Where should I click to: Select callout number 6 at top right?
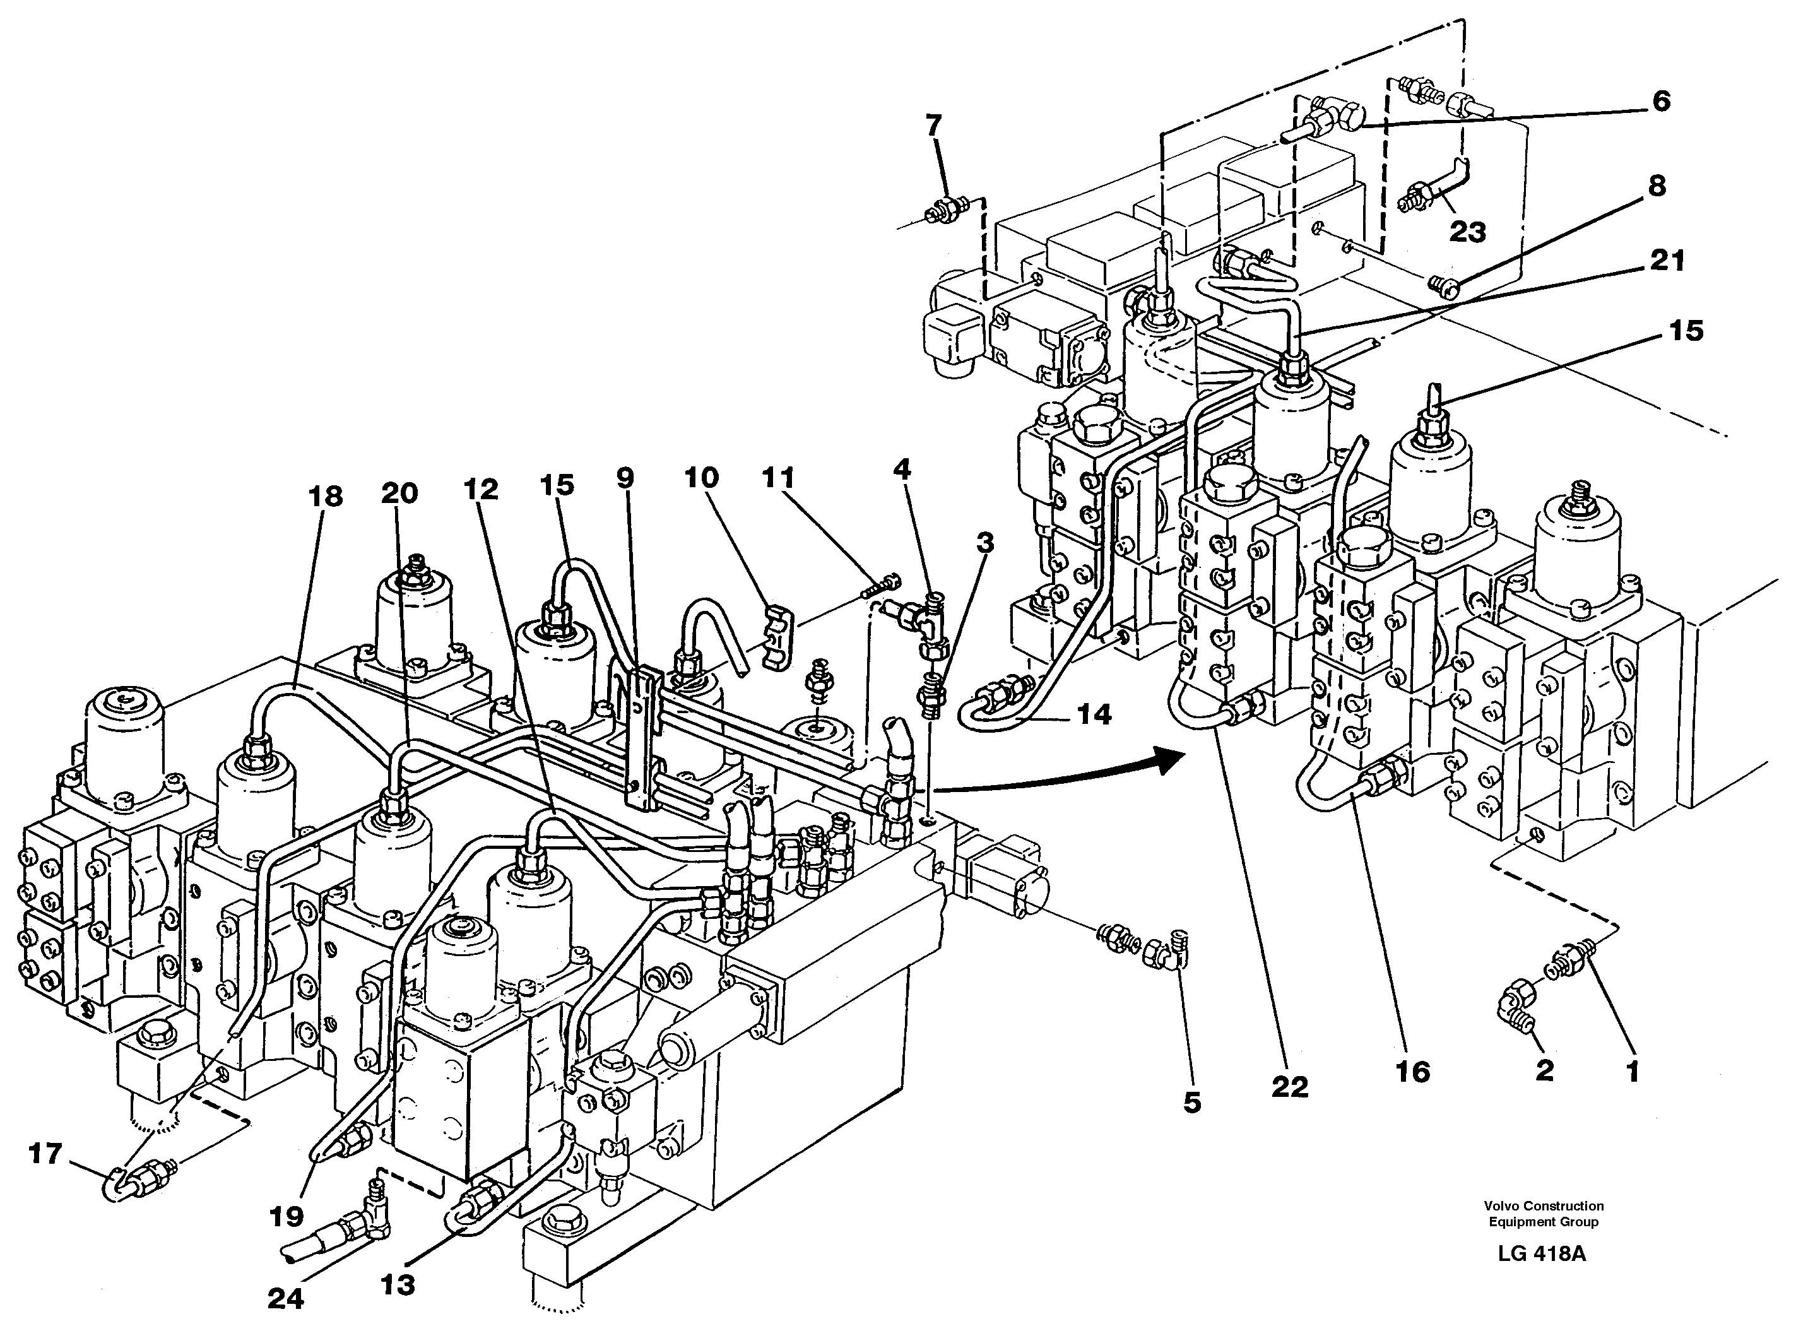pos(1661,102)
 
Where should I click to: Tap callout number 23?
pos(1467,232)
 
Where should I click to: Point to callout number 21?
pos(1667,261)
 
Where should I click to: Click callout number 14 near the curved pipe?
pos(1093,714)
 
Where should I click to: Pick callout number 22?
pos(1290,1086)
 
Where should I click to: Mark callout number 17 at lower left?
pos(45,1153)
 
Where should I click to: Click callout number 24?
pos(286,1298)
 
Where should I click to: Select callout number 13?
pos(398,1284)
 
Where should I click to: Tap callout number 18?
pos(326,496)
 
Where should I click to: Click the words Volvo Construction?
pos(1544,1206)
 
